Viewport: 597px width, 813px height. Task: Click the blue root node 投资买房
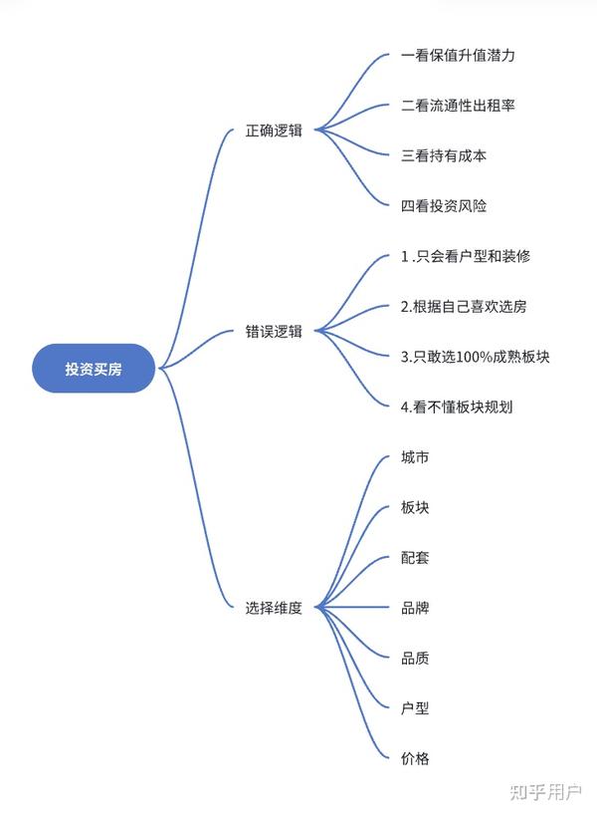pyautogui.click(x=95, y=368)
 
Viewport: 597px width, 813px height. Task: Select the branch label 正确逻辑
pyautogui.click(x=274, y=131)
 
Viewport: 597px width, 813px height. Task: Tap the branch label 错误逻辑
pyautogui.click(x=274, y=332)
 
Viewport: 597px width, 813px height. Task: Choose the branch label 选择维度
pyautogui.click(x=274, y=607)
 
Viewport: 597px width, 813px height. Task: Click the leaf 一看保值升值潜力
pyautogui.click(x=458, y=56)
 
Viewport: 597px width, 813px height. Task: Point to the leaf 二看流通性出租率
pyautogui.click(x=458, y=106)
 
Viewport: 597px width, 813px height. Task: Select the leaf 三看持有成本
pyautogui.click(x=443, y=156)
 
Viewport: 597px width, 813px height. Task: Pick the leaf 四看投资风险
pyautogui.click(x=443, y=206)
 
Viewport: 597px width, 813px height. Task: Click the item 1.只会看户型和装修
pyautogui.click(x=465, y=256)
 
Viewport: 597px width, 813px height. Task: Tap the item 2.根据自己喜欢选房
pyautogui.click(x=464, y=307)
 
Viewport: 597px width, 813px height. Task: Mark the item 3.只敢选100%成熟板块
pyautogui.click(x=475, y=357)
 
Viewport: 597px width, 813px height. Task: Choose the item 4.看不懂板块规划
pyautogui.click(x=457, y=406)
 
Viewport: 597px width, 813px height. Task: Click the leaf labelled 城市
pyautogui.click(x=415, y=457)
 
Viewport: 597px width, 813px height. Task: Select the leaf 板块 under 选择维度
pyautogui.click(x=415, y=507)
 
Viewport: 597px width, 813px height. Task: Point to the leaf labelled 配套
pyautogui.click(x=415, y=557)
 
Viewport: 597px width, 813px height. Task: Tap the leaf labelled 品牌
pyautogui.click(x=415, y=608)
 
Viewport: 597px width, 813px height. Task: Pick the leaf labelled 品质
pyautogui.click(x=415, y=658)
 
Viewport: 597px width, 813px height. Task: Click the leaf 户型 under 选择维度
pyautogui.click(x=415, y=707)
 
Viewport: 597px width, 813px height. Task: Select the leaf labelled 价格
pyautogui.click(x=415, y=758)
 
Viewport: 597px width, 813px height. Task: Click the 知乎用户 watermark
pyautogui.click(x=545, y=792)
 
